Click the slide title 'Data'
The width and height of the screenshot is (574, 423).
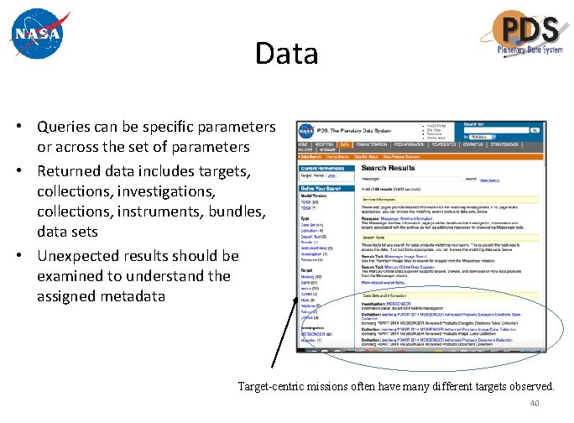click(x=287, y=55)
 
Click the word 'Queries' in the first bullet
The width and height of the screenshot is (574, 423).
click(x=66, y=127)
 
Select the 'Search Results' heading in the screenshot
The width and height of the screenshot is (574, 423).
click(x=387, y=168)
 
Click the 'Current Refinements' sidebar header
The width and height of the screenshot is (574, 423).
click(x=323, y=168)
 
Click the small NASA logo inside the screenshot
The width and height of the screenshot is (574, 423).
click(x=306, y=131)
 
